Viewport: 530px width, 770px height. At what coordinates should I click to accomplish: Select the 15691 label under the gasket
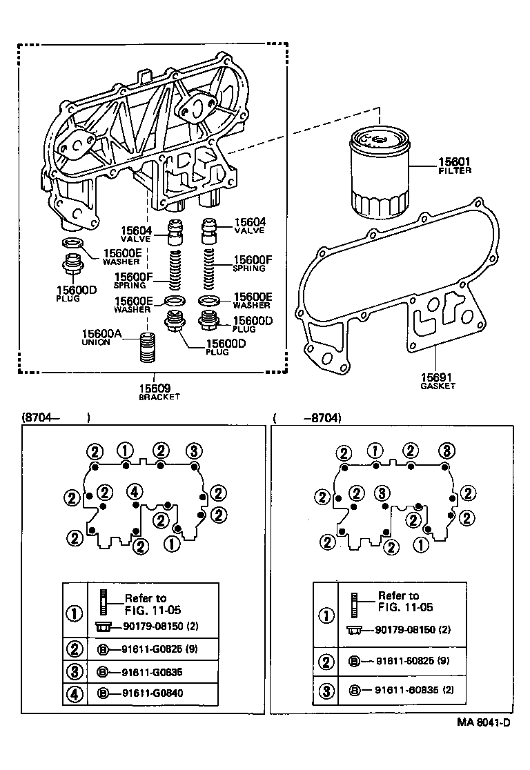(x=437, y=377)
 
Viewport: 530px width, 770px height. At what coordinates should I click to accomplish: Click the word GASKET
(x=438, y=386)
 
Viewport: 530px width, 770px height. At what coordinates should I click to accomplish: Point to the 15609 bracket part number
(x=159, y=388)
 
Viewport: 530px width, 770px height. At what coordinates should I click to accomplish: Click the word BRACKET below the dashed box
(x=159, y=397)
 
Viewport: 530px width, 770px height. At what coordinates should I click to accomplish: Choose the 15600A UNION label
(x=102, y=334)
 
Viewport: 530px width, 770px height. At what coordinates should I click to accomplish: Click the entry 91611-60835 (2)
(x=413, y=690)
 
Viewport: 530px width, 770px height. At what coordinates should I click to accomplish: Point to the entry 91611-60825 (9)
(x=413, y=662)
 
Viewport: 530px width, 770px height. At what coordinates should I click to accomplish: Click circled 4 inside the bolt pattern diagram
(x=135, y=491)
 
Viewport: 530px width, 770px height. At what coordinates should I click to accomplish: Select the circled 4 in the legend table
(x=75, y=692)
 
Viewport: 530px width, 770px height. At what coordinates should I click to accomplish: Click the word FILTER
(x=455, y=170)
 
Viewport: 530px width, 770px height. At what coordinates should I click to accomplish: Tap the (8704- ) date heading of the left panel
(x=57, y=417)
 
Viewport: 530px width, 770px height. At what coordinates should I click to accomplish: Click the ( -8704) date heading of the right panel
(x=308, y=417)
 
